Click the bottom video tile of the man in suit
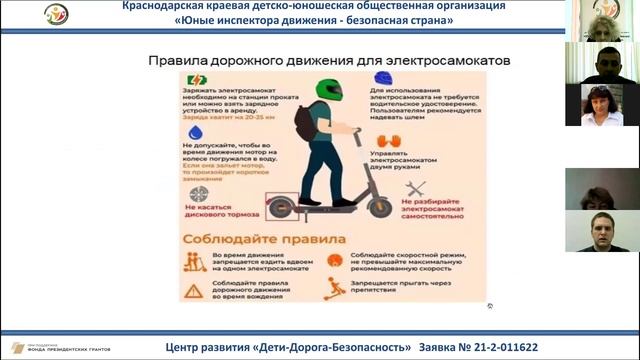coord(602,231)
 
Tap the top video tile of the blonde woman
coord(602,20)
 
